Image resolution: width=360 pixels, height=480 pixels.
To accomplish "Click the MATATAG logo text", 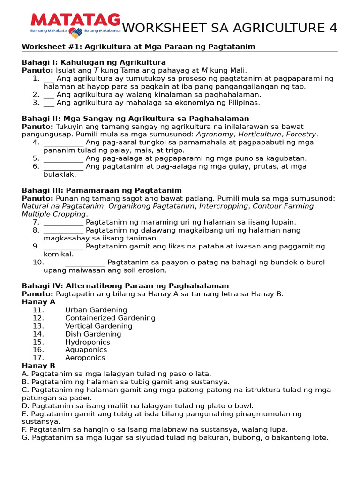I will [75, 20].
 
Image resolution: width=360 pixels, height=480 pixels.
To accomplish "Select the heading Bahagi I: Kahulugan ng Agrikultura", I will [94, 62].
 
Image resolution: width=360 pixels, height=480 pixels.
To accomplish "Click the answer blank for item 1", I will [49, 79].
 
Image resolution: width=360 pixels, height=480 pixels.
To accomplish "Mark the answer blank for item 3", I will [49, 103].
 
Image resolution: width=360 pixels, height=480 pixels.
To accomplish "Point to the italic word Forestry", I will [301, 135].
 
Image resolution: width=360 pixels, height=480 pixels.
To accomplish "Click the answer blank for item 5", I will [63, 158].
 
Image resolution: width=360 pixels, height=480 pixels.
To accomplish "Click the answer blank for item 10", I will [85, 262].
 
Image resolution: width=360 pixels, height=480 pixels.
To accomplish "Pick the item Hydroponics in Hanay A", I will [88, 342].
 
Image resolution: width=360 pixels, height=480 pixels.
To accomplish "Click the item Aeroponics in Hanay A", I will [85, 358].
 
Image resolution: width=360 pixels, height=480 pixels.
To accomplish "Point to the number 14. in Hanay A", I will [38, 334].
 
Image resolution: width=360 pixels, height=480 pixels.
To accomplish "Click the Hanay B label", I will [38, 366].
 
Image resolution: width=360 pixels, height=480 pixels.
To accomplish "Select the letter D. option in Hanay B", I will [26, 406].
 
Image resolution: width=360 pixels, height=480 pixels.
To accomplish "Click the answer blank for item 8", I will [63, 231].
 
